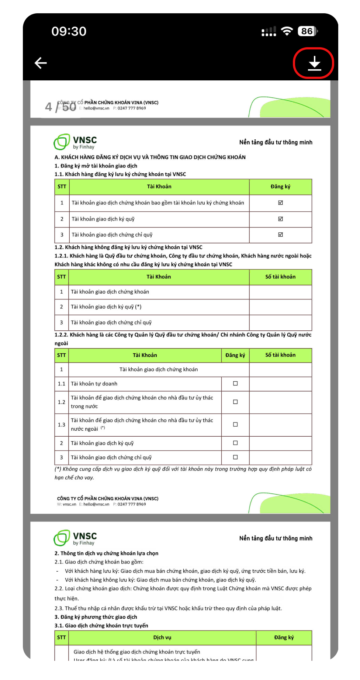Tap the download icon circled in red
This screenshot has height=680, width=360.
click(314, 63)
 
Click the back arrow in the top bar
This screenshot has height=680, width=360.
click(41, 63)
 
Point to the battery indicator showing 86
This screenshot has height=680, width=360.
click(307, 31)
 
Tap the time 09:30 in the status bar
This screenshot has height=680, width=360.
click(69, 31)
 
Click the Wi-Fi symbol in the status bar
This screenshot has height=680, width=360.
click(287, 31)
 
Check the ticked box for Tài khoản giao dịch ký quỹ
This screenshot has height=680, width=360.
click(280, 219)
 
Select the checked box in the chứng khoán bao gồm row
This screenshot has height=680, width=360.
click(280, 202)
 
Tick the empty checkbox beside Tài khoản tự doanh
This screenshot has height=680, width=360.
click(235, 384)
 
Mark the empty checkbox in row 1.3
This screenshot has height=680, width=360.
click(235, 424)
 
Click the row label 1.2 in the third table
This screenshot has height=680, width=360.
click(61, 402)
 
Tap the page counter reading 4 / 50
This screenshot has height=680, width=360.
click(60, 107)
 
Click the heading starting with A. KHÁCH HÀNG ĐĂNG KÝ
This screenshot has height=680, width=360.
click(150, 157)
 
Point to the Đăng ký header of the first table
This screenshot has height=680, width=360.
click(280, 187)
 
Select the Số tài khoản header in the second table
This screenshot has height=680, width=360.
click(280, 277)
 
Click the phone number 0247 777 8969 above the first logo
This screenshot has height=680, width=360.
click(132, 108)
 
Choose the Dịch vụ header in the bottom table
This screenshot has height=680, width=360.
click(162, 637)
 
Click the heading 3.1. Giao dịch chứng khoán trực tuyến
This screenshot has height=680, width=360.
click(101, 625)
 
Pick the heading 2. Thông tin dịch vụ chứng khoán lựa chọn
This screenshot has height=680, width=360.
click(107, 553)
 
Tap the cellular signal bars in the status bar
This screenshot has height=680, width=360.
click(269, 31)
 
